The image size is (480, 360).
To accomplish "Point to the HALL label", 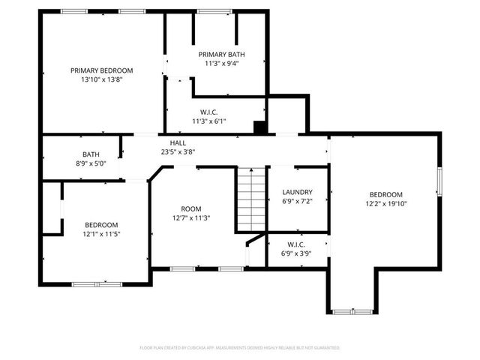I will (x=178, y=142).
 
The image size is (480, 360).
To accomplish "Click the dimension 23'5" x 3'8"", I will (x=178, y=151).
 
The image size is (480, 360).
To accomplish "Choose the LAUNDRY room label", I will (x=297, y=192).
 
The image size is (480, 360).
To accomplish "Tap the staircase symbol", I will (x=251, y=199).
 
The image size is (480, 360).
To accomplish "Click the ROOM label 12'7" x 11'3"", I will (x=191, y=209).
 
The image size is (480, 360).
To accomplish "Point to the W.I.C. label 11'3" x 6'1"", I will (x=208, y=112).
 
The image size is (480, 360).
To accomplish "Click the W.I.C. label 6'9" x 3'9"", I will (x=296, y=244).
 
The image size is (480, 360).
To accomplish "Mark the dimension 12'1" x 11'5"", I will (x=100, y=234).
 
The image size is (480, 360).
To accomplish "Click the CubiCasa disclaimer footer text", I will (x=240, y=348).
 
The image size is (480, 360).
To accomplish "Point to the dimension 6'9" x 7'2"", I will (x=297, y=201).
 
